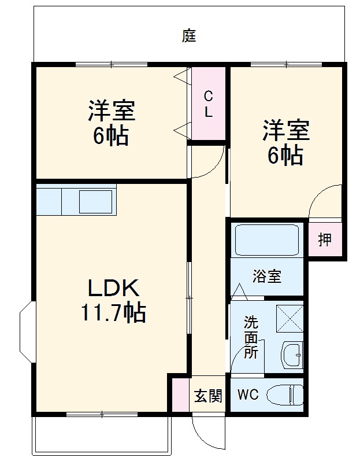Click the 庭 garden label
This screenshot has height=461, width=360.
189,36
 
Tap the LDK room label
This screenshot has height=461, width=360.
113,287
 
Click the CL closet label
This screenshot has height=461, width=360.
208,104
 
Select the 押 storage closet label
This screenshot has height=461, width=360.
325,239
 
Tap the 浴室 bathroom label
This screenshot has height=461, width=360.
266,276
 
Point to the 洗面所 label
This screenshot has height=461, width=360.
250,337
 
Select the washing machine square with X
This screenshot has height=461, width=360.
289,318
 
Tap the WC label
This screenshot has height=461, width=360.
248,395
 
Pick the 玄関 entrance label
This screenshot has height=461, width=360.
207,396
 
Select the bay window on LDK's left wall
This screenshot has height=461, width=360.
26,330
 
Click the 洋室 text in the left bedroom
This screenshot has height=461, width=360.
112,110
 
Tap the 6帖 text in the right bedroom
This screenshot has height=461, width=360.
285,155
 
